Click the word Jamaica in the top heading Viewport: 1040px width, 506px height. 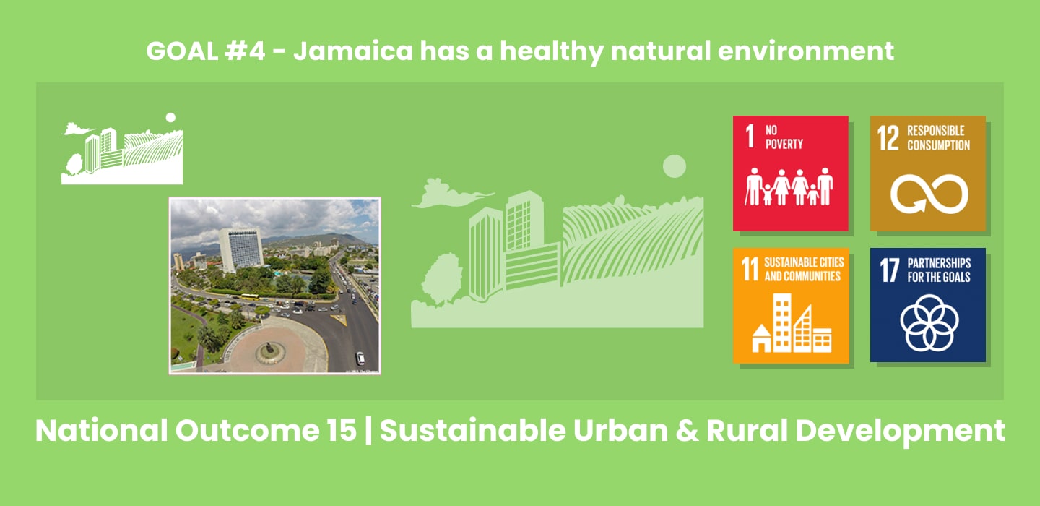coord(353,51)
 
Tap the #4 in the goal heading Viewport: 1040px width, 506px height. coord(245,51)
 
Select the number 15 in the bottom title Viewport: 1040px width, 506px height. coord(341,430)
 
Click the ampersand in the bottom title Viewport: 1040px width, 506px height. coord(687,430)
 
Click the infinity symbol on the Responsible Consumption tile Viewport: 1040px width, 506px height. coord(929,194)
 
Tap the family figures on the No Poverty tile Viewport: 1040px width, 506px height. coord(789,186)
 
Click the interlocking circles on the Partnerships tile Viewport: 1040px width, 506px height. coord(929,323)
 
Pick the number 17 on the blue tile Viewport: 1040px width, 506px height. coord(889,270)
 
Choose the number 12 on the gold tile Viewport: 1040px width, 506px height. coord(888,138)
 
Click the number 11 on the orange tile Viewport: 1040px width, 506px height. coord(750,270)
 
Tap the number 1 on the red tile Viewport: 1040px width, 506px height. coord(750,136)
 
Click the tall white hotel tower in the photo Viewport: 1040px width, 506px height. coord(240,249)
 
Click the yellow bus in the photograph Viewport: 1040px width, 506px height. coord(250,296)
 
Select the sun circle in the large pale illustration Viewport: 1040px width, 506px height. coord(674,166)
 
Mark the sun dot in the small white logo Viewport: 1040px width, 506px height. coord(171,118)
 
